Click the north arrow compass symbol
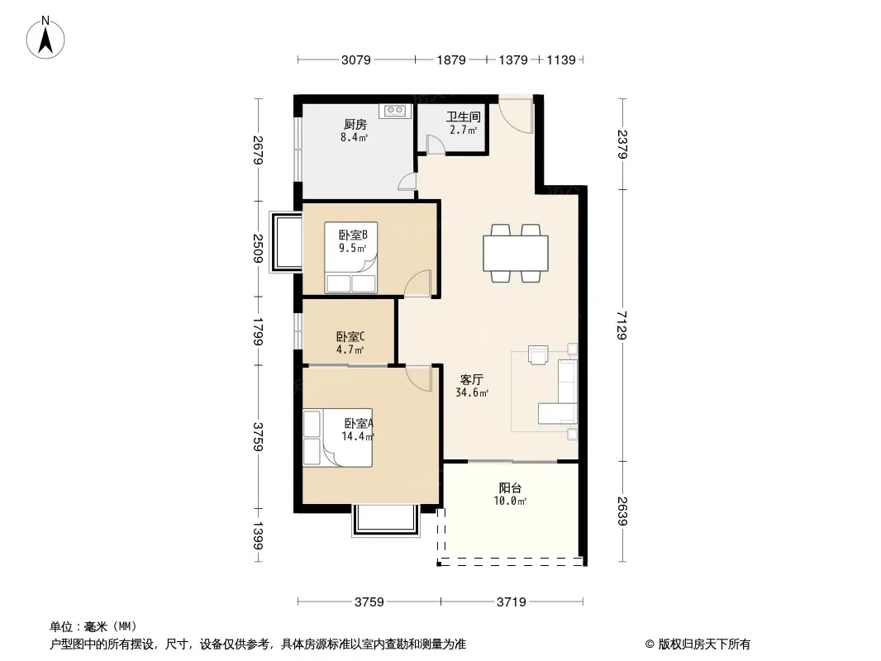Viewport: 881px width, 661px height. tap(45, 38)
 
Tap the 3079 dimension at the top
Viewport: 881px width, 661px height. tap(356, 59)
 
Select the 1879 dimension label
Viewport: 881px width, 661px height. tap(451, 59)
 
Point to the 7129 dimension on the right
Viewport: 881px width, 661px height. tap(622, 326)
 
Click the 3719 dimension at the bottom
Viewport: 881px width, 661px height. tap(512, 602)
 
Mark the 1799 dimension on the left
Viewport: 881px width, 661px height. tap(259, 331)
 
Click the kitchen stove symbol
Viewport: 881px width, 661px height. tap(395, 111)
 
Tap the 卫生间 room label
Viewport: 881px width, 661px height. tap(464, 117)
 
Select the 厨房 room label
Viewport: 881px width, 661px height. tap(355, 124)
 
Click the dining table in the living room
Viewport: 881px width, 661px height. tap(516, 254)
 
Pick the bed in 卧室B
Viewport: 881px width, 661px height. tap(351, 258)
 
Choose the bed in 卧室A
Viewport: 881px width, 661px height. tap(338, 437)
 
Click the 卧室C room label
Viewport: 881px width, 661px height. tap(350, 336)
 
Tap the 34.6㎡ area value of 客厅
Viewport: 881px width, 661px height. tap(472, 392)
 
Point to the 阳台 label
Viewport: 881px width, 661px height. tap(510, 488)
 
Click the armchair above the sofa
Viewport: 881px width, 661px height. tap(538, 355)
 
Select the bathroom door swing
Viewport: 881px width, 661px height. tap(436, 145)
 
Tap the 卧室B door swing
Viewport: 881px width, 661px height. tap(417, 283)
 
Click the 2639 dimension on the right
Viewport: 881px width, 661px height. tap(622, 511)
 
